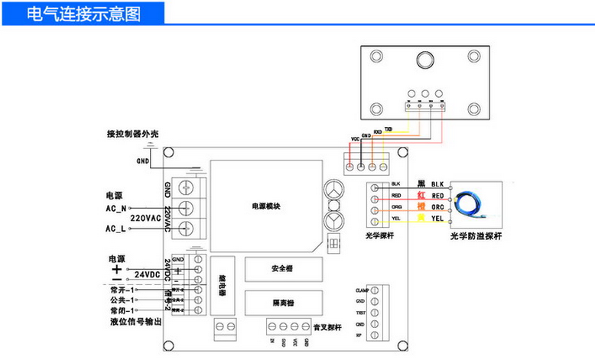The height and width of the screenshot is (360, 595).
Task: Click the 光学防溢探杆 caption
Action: (x=476, y=236)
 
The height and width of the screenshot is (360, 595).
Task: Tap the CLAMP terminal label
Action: (x=363, y=291)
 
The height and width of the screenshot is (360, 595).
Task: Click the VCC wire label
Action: (x=354, y=139)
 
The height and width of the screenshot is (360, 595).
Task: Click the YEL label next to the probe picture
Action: (x=437, y=219)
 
